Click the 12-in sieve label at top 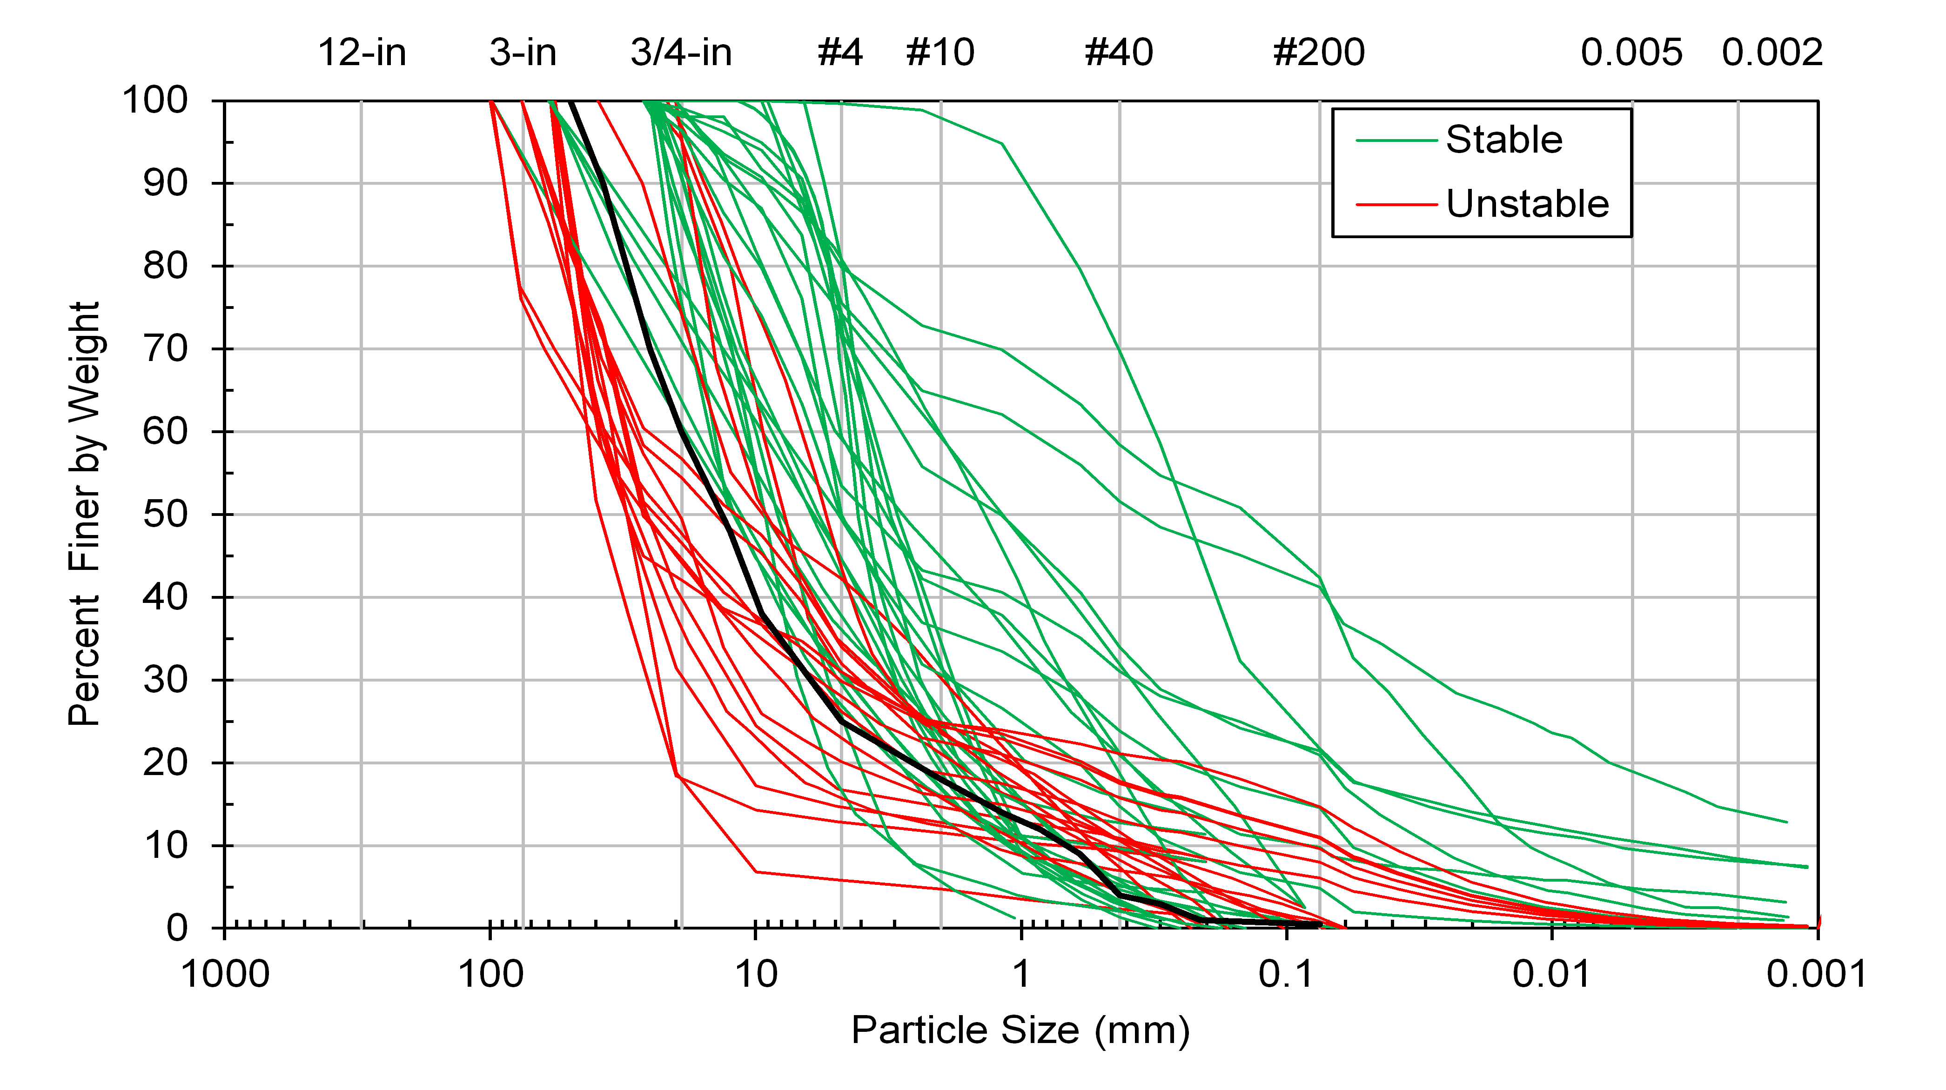point(362,53)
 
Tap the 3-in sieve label point(523,53)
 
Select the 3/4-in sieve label point(681,53)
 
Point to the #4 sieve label point(840,53)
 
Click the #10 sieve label point(940,53)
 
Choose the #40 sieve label point(1119,53)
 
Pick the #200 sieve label point(1319,53)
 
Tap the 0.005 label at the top point(1632,53)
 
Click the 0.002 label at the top point(1772,53)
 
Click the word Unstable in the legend point(1528,204)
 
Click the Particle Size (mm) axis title point(1020,1030)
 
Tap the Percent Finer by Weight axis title point(85,514)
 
